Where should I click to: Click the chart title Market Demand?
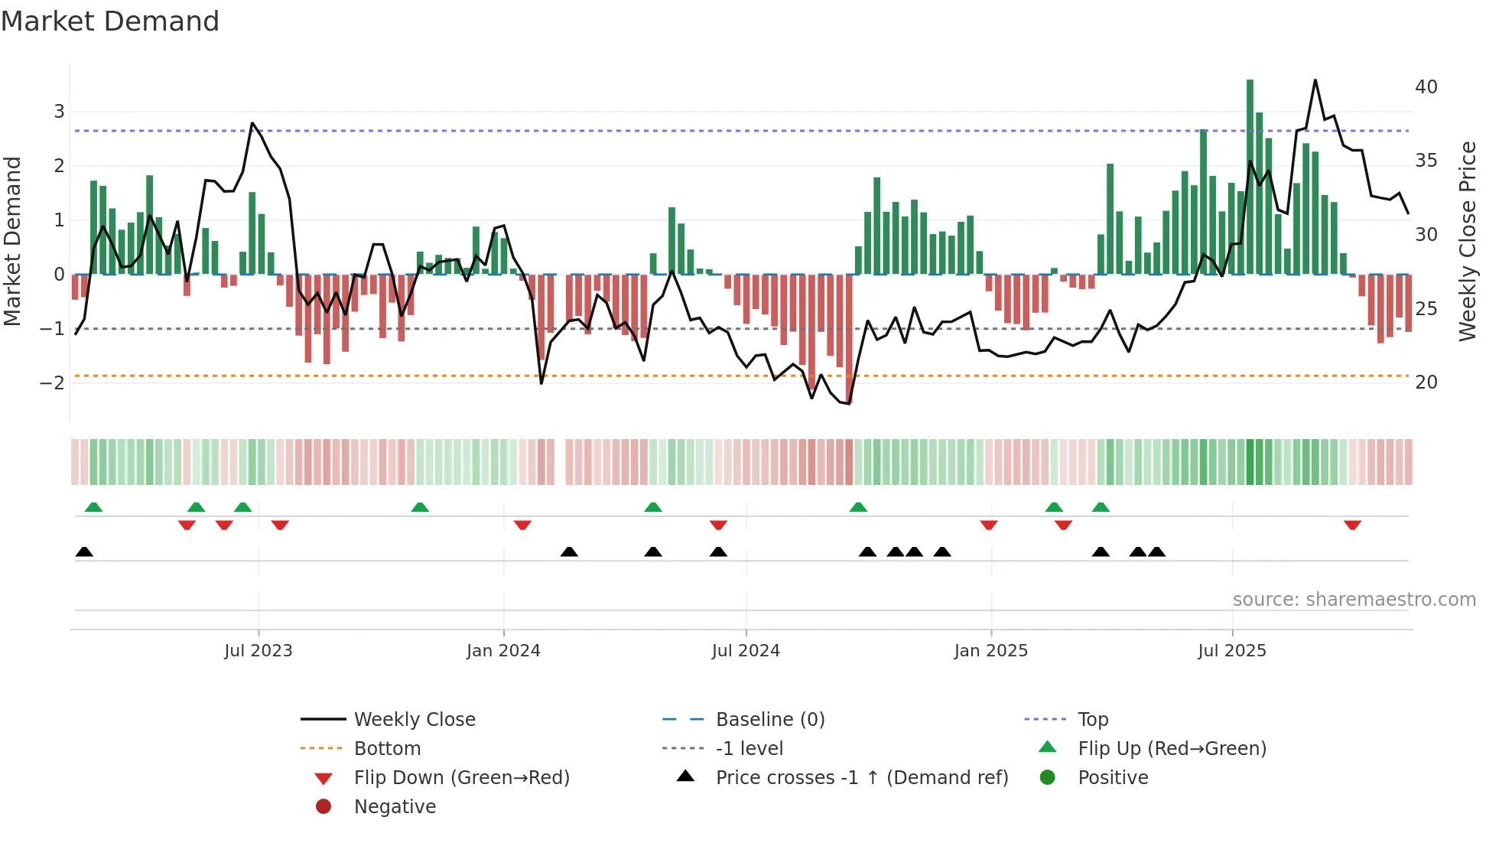(x=110, y=21)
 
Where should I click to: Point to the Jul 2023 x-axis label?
(x=259, y=651)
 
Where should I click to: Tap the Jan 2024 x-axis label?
(x=503, y=651)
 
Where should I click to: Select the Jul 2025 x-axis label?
(x=1232, y=651)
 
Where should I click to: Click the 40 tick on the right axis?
(x=1426, y=87)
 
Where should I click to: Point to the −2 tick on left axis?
(x=53, y=382)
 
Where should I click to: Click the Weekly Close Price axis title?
(x=1467, y=241)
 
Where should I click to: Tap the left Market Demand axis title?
(x=13, y=241)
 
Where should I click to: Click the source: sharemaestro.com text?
(x=1354, y=600)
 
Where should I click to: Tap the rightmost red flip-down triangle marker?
(x=1352, y=525)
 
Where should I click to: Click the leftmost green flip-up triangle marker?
(x=93, y=507)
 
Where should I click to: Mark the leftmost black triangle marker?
(x=84, y=552)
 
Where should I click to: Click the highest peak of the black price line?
(x=1315, y=81)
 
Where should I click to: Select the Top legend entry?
(x=1092, y=720)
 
